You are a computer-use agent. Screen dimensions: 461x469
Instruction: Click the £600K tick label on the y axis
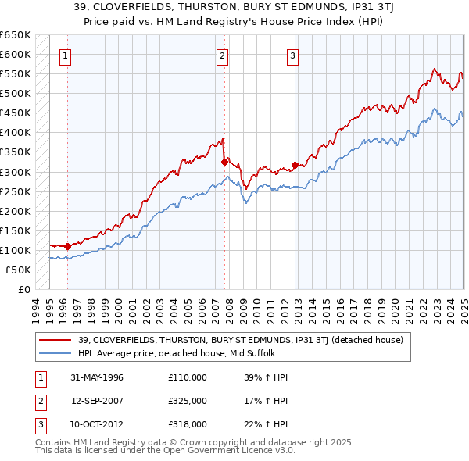pos(15,54)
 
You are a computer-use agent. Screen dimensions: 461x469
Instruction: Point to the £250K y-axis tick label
pos(15,191)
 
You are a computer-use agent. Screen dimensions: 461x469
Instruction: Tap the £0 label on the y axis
pos(24,289)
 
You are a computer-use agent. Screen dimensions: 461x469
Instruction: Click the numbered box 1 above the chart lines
pos(64,56)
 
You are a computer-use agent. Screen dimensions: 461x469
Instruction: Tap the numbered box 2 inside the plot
pos(222,56)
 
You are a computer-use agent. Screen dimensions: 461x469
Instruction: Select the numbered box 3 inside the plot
pos(292,56)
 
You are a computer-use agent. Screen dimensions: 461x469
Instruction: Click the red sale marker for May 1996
pos(68,246)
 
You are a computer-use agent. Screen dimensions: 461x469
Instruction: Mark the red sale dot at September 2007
pos(224,162)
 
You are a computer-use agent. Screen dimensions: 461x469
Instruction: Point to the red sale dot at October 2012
pos(295,165)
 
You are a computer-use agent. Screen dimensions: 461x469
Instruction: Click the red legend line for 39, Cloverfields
pos(56,340)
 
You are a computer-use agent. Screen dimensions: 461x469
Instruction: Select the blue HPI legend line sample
pos(56,353)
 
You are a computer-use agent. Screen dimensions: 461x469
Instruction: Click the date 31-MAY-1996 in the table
pos(97,377)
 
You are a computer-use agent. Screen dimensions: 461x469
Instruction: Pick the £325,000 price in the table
pos(188,401)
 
